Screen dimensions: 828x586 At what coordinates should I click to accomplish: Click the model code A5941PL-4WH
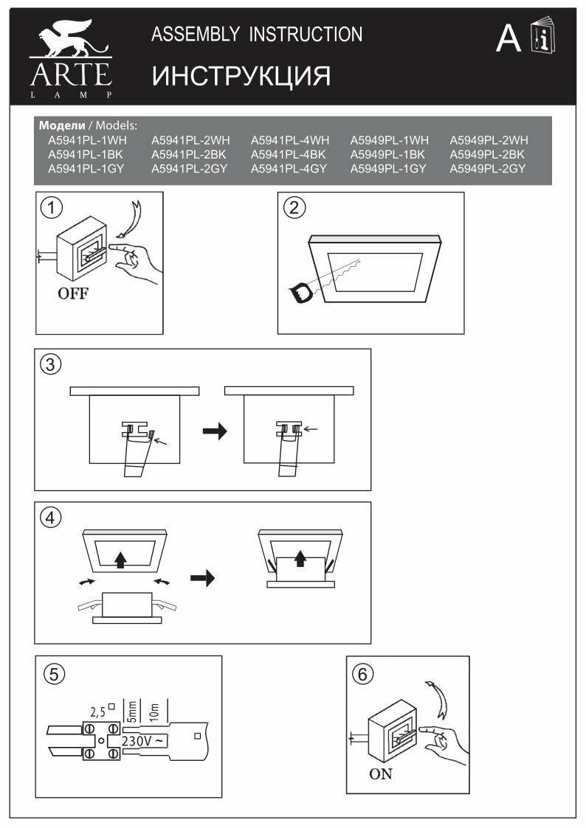tap(289, 140)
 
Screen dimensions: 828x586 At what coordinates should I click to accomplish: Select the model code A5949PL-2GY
tap(487, 169)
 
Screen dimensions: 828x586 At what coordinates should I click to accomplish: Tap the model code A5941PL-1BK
tap(85, 155)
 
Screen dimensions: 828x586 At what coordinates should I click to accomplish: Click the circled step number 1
tap(51, 209)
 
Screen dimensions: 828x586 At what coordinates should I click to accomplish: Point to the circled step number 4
tap(51, 518)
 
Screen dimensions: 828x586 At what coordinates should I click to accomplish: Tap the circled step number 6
tap(363, 673)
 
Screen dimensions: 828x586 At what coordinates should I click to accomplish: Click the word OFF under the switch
tap(73, 293)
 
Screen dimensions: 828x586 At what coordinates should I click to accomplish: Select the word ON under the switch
tap(381, 773)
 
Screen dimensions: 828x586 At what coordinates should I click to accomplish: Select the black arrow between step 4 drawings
tap(201, 577)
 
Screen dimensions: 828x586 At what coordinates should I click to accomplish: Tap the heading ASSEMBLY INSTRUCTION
tap(257, 34)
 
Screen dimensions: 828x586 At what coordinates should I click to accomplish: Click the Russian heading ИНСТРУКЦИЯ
tap(241, 76)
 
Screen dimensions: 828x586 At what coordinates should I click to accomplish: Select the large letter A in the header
tap(508, 38)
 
